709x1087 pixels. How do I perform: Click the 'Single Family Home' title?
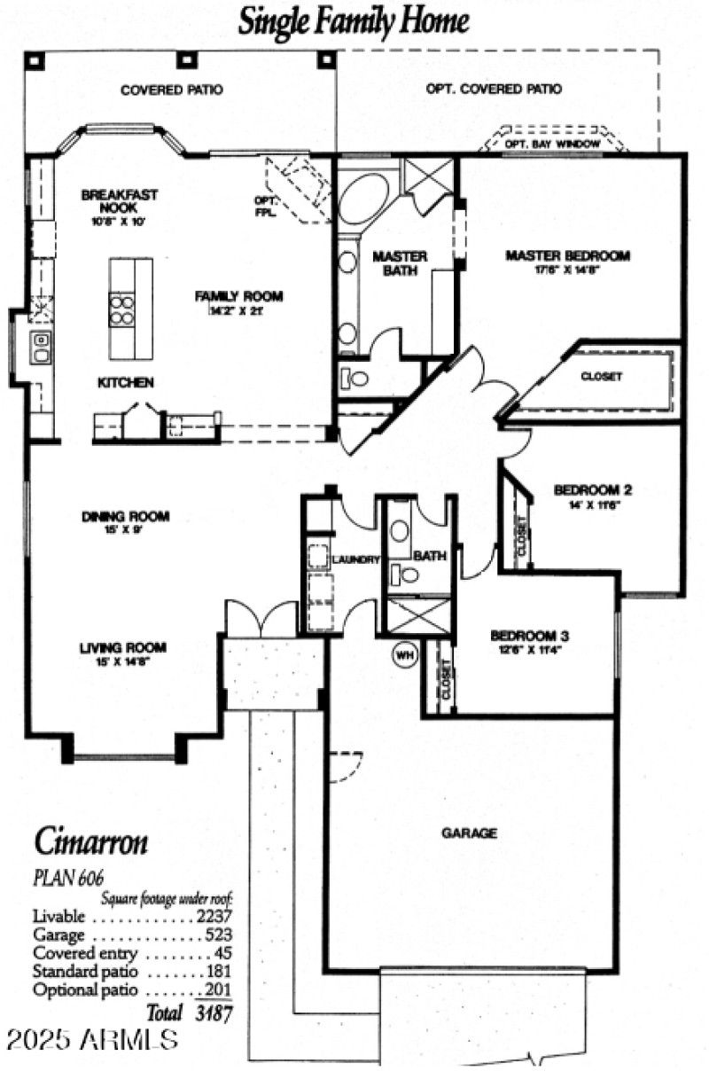[354, 20]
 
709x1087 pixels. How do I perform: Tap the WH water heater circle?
[404, 655]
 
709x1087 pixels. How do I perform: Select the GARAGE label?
[469, 833]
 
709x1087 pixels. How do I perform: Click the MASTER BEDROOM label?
[567, 256]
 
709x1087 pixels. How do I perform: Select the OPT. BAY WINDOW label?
[552, 143]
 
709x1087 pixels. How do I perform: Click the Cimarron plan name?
[90, 841]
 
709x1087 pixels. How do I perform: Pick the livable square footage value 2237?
[214, 916]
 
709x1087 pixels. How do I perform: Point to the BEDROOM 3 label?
[529, 636]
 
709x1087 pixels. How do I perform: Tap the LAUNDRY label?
[356, 559]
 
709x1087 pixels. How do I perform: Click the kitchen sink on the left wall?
[40, 348]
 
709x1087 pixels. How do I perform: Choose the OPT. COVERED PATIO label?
[494, 89]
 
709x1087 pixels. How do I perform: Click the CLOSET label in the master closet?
[601, 376]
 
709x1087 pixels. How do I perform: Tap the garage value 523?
[218, 935]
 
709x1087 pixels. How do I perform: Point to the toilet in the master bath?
[354, 379]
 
